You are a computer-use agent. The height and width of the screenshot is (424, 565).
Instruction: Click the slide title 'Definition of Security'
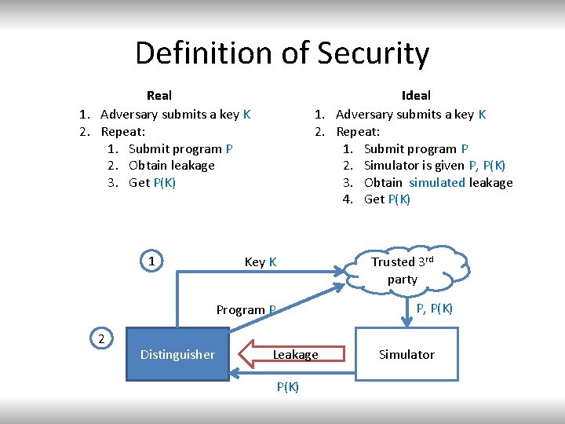282,53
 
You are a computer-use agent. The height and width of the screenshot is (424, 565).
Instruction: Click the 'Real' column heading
159,95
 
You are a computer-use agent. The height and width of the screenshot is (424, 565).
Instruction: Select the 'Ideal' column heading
415,95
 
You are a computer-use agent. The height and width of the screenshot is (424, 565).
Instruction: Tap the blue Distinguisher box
177,354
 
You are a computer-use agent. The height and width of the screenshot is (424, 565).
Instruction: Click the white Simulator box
406,354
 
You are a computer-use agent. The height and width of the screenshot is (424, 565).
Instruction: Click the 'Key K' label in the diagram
261,261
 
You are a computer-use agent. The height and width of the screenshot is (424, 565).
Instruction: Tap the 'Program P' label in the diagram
246,309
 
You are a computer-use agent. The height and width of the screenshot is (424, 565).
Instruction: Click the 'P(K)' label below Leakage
287,386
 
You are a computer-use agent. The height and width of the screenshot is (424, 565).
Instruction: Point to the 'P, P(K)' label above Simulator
434,308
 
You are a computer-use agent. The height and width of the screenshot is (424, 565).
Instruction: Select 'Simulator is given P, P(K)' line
435,165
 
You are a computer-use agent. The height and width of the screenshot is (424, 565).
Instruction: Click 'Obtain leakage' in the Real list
171,165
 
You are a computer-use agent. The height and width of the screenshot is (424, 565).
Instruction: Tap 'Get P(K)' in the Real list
152,182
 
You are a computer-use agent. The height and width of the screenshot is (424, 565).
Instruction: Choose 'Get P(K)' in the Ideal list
387,199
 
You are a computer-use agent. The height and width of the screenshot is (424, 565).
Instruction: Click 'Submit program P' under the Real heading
180,148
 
